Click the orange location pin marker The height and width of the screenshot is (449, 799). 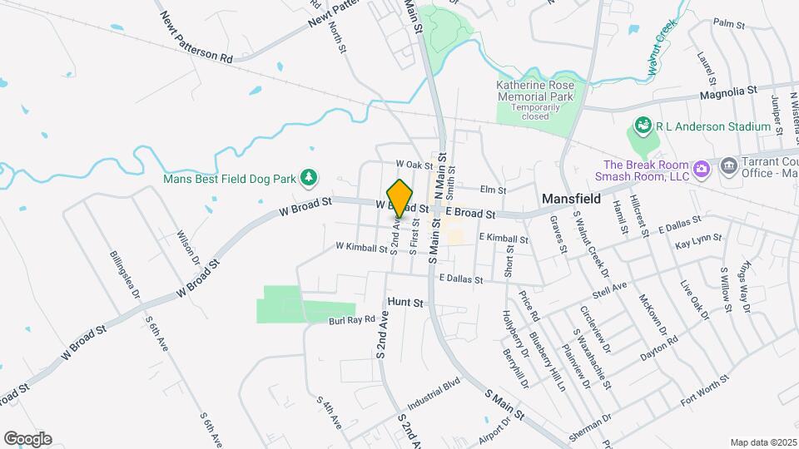click(x=400, y=198)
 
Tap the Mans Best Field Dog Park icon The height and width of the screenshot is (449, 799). click(x=310, y=176)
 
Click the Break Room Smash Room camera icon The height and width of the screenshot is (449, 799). click(x=702, y=169)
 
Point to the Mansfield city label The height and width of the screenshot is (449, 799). click(x=572, y=200)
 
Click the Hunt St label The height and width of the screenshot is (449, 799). click(x=406, y=304)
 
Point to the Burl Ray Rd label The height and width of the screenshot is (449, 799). click(x=354, y=319)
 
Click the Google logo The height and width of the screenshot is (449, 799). click(x=27, y=438)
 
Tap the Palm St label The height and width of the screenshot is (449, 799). click(x=728, y=24)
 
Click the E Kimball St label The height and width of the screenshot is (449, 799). click(x=503, y=239)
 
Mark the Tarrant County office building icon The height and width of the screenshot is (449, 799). click(x=729, y=165)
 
